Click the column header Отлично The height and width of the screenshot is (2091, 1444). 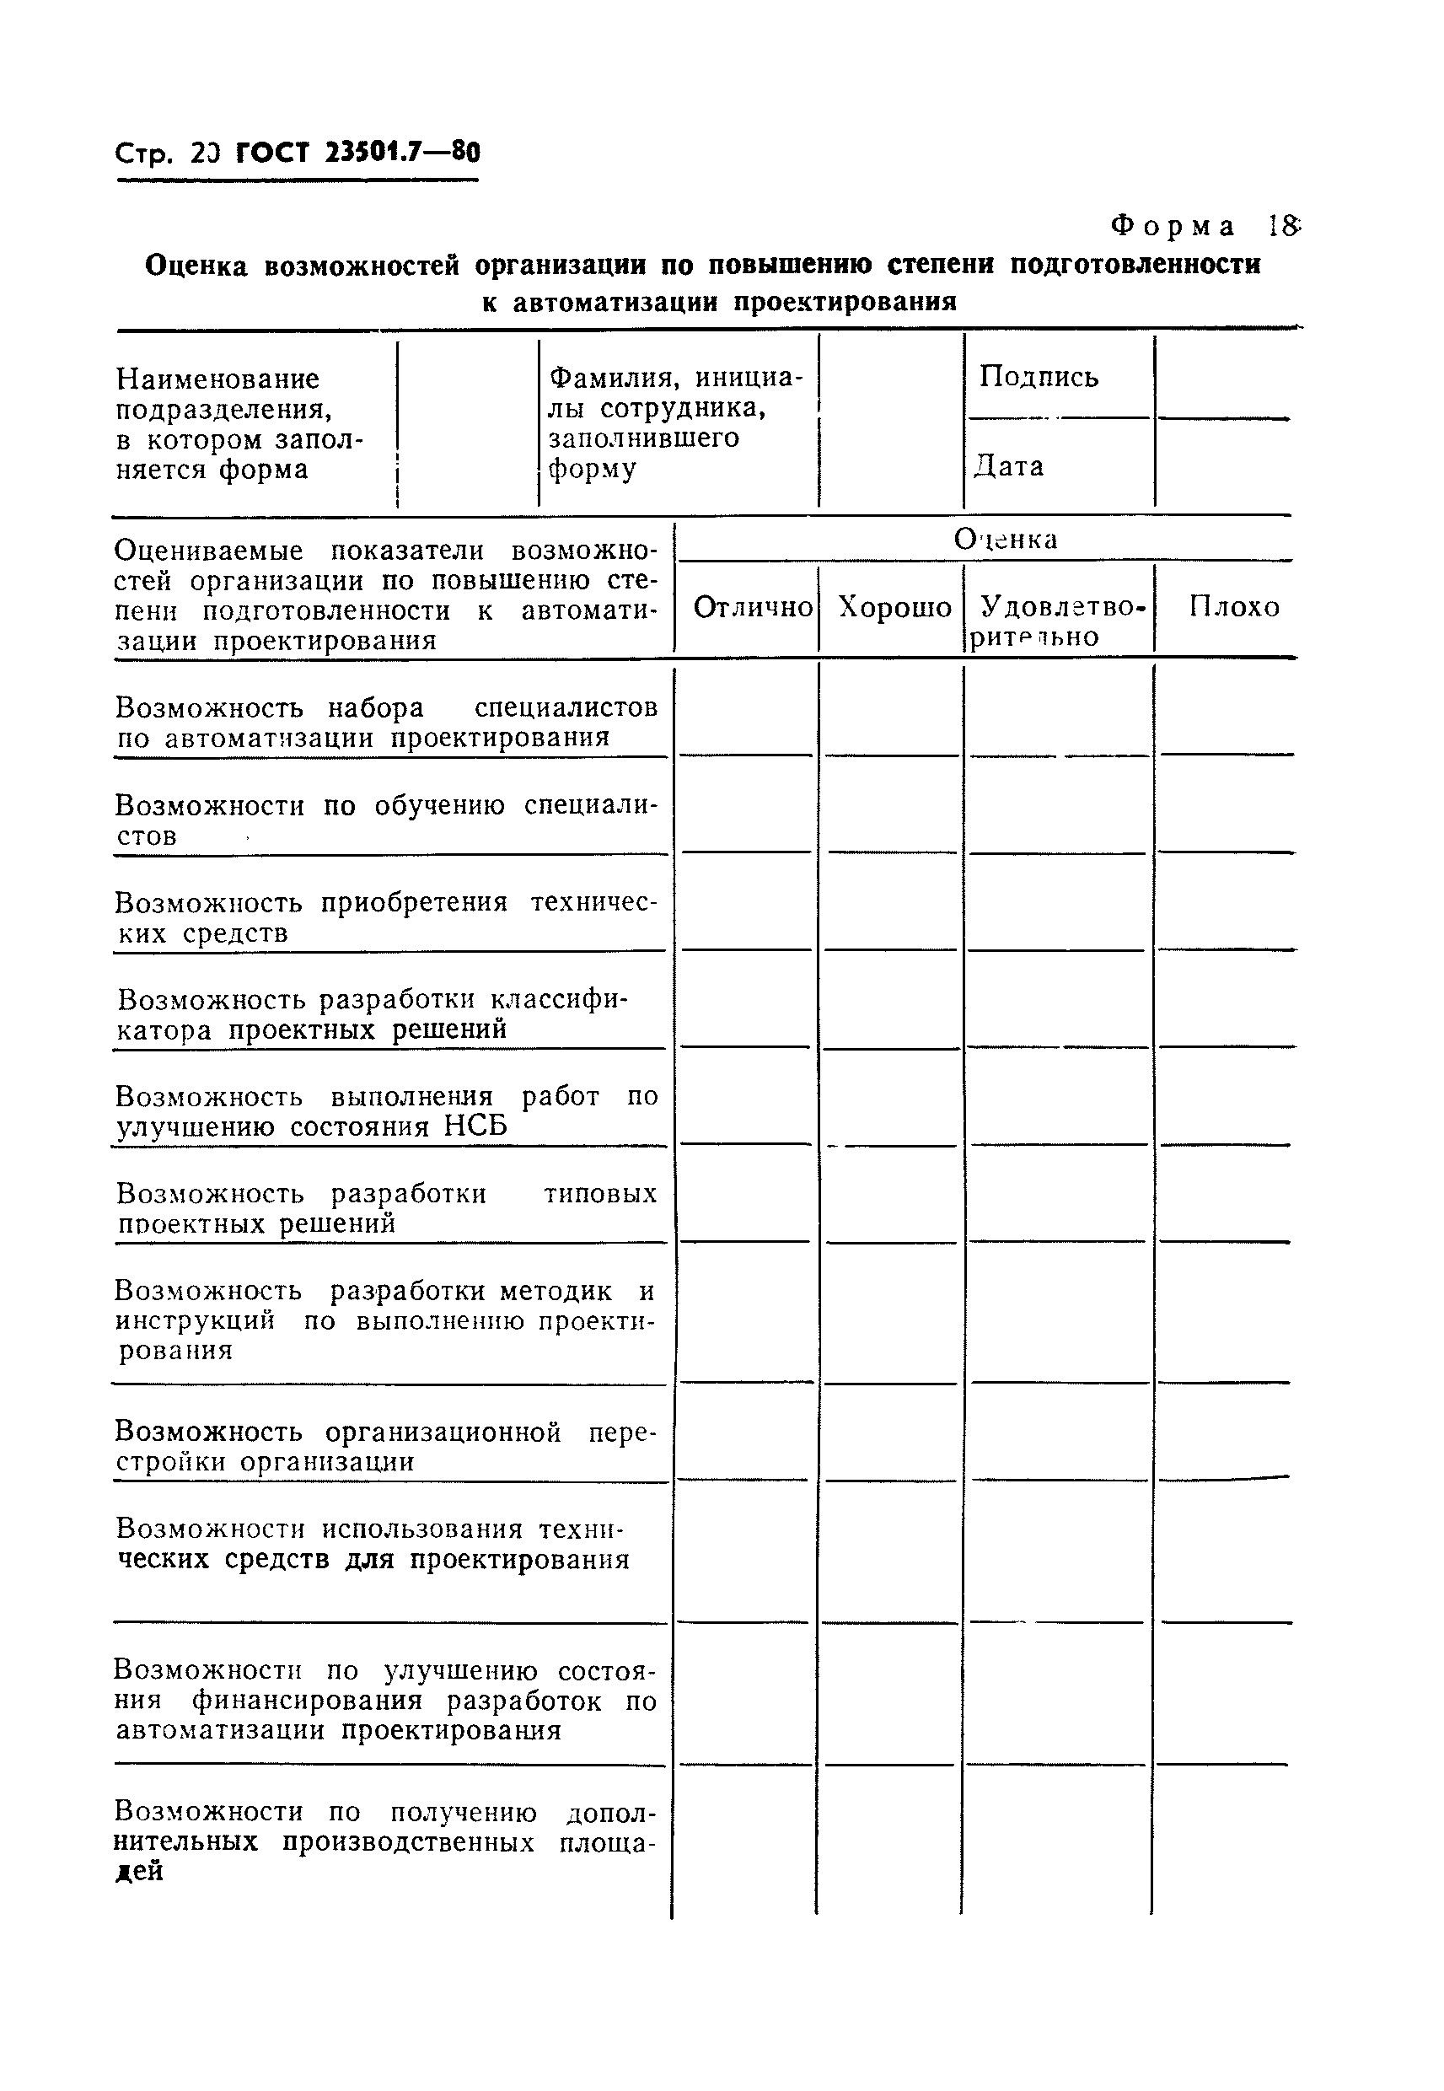pyautogui.click(x=752, y=607)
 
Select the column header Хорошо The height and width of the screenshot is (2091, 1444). pyautogui.click(x=894, y=607)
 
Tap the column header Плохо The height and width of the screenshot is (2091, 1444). pyautogui.click(x=1234, y=607)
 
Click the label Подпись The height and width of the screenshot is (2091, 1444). pyautogui.click(x=1038, y=376)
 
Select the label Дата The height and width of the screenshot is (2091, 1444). pyautogui.click(x=1009, y=466)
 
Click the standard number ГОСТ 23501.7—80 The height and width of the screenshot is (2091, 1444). pyautogui.click(x=357, y=152)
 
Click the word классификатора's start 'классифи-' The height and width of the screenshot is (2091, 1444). pyautogui.click(x=558, y=1000)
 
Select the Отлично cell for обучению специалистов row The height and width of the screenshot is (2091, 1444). pyautogui.click(x=746, y=807)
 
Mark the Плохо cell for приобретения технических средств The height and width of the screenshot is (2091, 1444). pyautogui.click(x=1225, y=905)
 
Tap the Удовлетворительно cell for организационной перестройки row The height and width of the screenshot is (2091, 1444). pyautogui.click(x=1057, y=1435)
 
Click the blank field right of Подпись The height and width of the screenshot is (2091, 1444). pyautogui.click(x=1223, y=376)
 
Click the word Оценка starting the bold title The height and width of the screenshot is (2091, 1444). pyautogui.click(x=196, y=266)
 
